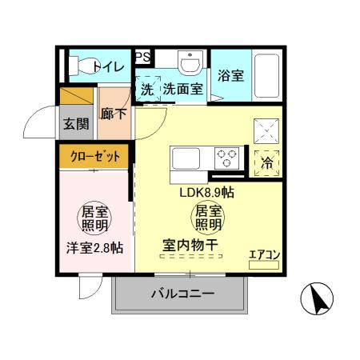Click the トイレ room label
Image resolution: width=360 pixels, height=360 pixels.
click(109, 67)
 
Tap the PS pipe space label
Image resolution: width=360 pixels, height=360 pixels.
click(143, 56)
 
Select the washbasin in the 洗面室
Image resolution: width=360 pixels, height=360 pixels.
click(190, 64)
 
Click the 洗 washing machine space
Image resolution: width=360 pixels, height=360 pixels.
click(148, 90)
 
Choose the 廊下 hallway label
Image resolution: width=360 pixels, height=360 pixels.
click(114, 114)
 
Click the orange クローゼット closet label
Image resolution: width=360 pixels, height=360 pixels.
click(94, 157)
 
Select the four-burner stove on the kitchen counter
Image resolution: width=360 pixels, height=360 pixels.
click(229, 157)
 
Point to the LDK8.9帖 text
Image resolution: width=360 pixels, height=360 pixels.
click(206, 192)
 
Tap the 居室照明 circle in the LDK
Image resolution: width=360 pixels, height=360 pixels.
click(206, 217)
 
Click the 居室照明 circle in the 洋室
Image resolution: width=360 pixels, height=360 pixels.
click(94, 217)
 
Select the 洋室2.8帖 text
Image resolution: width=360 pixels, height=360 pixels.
click(94, 247)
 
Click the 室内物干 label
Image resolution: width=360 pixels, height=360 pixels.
click(191, 245)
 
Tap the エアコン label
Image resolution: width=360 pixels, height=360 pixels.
click(264, 255)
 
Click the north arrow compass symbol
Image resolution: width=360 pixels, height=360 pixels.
click(317, 300)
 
